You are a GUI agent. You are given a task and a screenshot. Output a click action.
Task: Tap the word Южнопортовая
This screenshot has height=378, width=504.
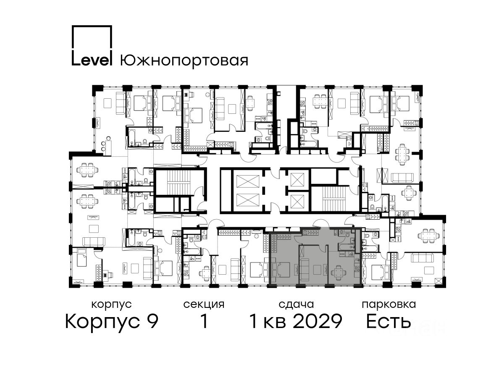pyautogui.click(x=184, y=61)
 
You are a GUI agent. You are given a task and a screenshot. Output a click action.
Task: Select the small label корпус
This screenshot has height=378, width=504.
pyautogui.click(x=111, y=305)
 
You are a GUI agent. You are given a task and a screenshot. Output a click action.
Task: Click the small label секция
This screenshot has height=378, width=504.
pyautogui.click(x=204, y=305)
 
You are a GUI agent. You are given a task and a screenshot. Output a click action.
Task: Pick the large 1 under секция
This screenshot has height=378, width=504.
pyautogui.click(x=204, y=321)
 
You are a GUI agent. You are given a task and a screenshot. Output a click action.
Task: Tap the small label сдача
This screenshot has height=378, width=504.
pyautogui.click(x=296, y=305)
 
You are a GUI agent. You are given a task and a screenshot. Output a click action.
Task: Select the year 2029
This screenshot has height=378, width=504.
pyautogui.click(x=318, y=321)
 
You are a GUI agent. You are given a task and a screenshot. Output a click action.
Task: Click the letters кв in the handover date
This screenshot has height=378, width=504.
pyautogui.click(x=275, y=323)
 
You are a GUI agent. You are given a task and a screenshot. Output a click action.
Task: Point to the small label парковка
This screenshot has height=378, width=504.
pyautogui.click(x=389, y=305)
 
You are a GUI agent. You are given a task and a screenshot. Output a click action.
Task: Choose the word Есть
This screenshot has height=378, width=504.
pyautogui.click(x=388, y=321)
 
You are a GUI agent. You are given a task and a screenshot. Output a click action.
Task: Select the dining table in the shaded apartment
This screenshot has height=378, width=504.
pyautogui.click(x=338, y=273)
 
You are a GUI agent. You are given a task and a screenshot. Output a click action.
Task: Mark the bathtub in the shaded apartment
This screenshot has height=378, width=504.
pyautogui.click(x=346, y=247)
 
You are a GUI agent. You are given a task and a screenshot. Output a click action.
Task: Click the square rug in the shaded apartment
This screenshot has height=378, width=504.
pyautogui.click(x=317, y=270)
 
